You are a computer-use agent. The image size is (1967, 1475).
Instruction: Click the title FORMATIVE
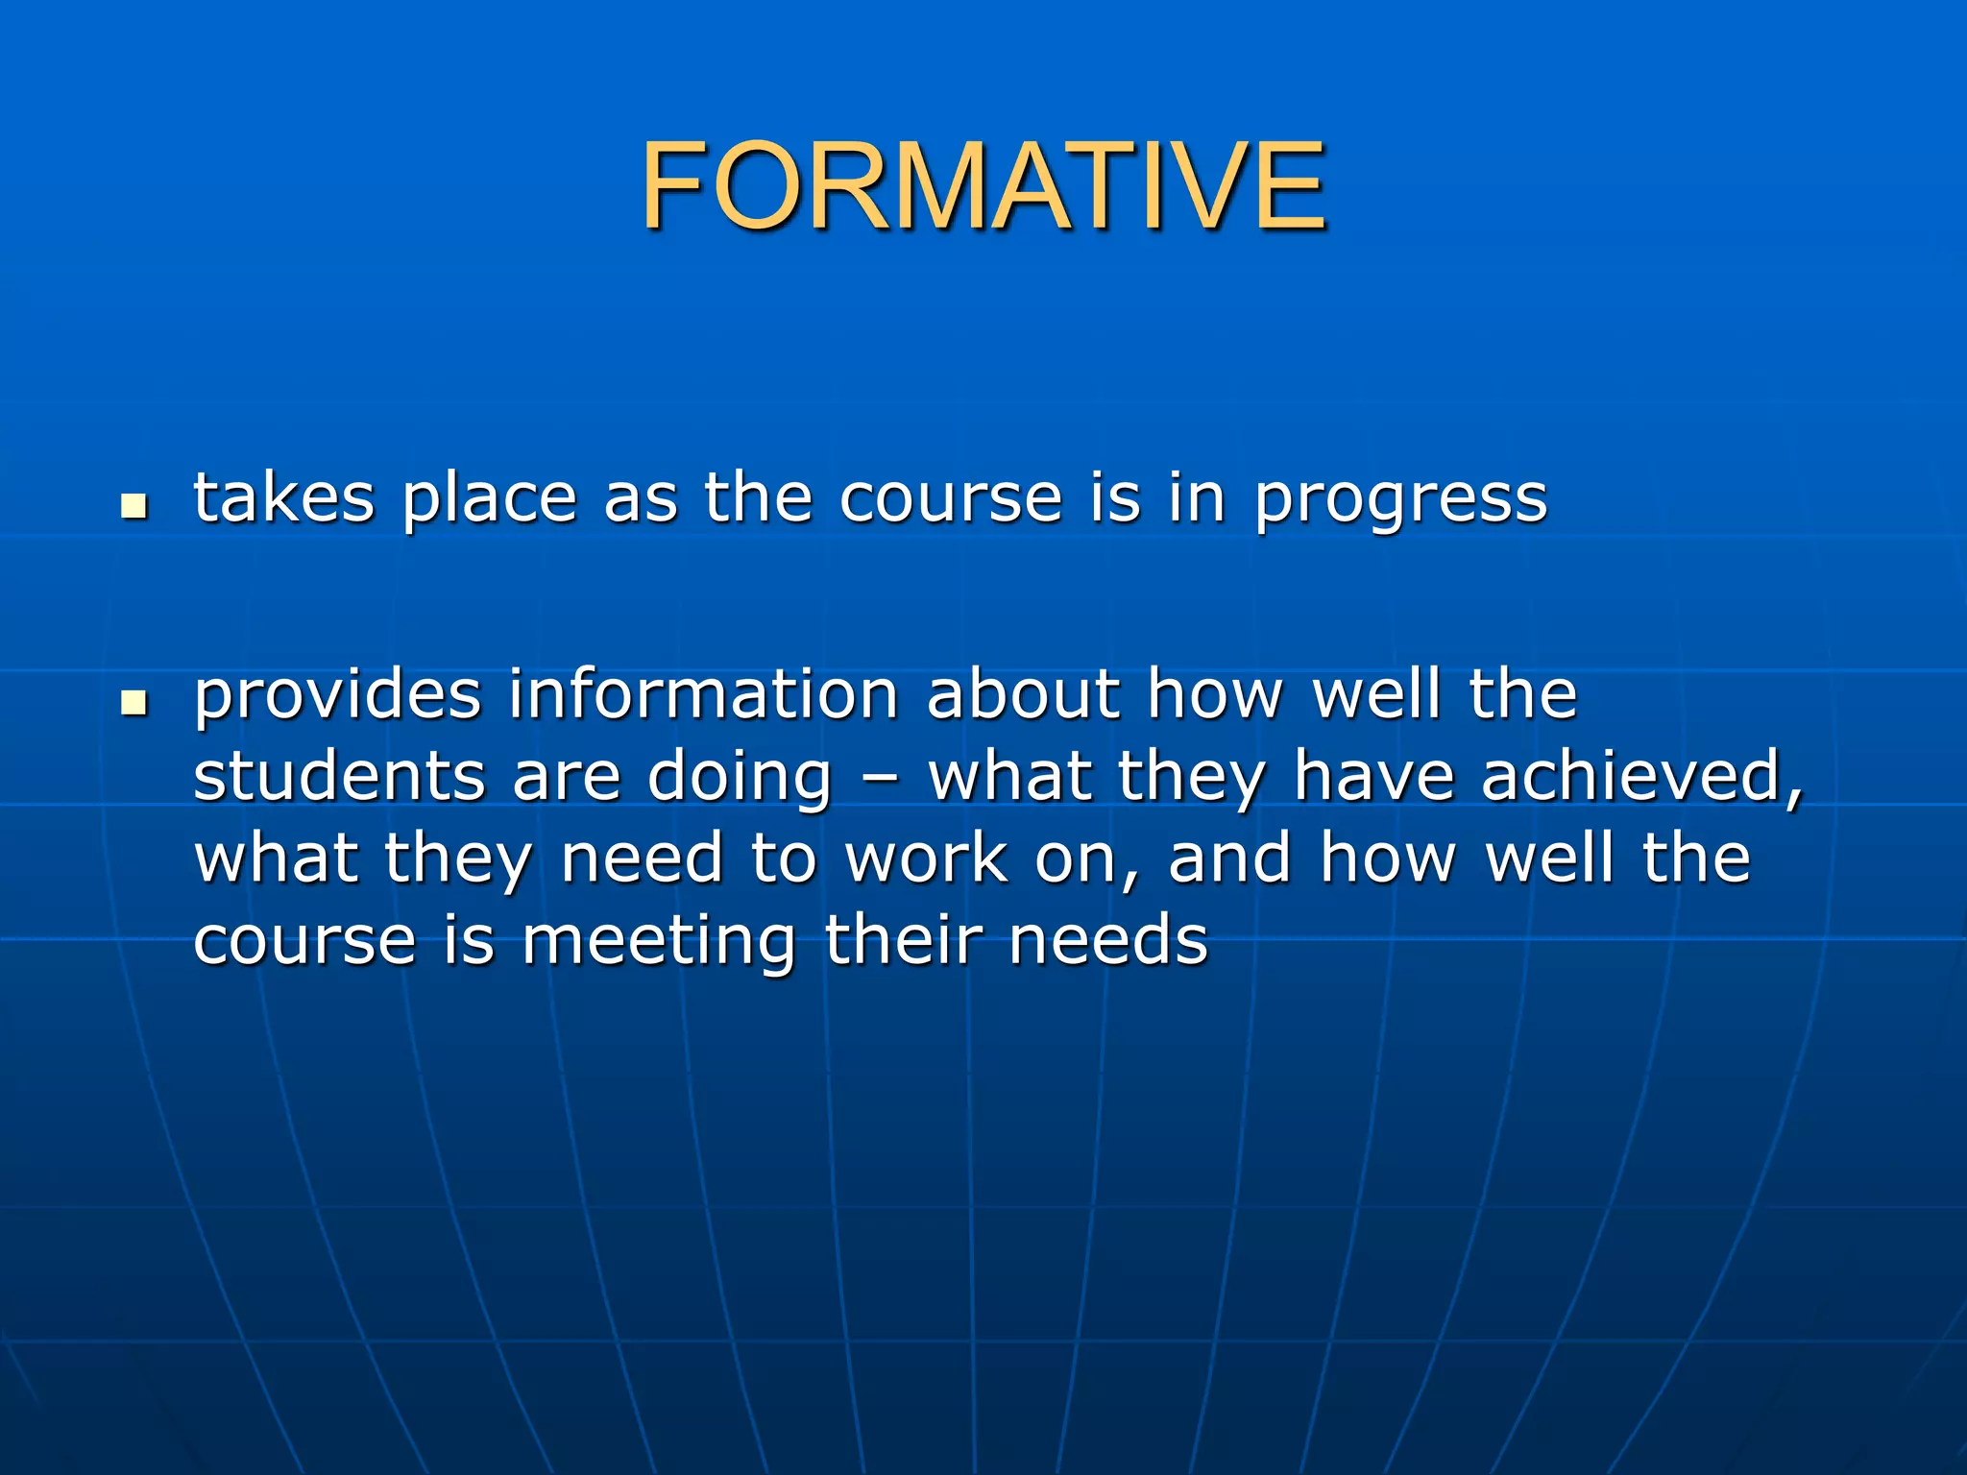(x=983, y=186)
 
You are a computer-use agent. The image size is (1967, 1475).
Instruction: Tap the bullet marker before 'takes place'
(x=134, y=506)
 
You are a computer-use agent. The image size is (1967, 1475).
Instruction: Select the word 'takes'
(x=284, y=498)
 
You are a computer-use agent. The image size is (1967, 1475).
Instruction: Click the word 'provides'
(x=337, y=696)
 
